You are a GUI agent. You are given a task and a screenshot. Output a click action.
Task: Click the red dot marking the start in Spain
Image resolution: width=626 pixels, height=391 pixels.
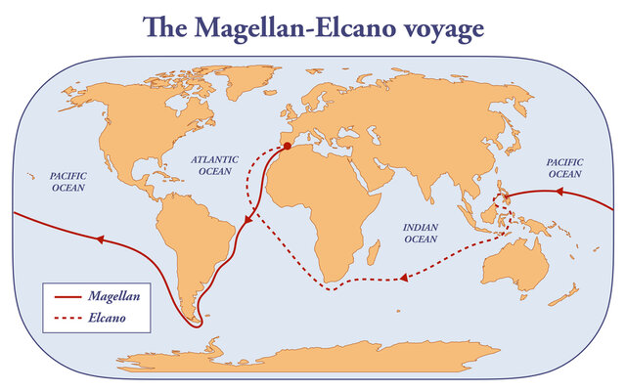[288, 148]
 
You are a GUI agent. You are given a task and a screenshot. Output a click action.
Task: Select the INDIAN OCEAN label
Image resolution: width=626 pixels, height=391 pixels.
[421, 233]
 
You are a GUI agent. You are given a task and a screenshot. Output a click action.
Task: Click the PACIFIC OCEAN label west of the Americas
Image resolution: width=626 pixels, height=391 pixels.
[68, 181]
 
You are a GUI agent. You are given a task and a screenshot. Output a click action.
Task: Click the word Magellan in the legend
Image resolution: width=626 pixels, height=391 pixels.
[111, 293]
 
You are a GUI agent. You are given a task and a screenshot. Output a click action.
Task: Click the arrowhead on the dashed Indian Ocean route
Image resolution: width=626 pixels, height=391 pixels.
[400, 280]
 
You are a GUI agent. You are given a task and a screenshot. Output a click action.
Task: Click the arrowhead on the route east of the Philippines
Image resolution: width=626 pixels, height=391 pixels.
[559, 193]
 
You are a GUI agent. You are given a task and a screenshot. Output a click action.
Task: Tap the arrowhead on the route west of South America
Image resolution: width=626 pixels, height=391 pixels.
[98, 238]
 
